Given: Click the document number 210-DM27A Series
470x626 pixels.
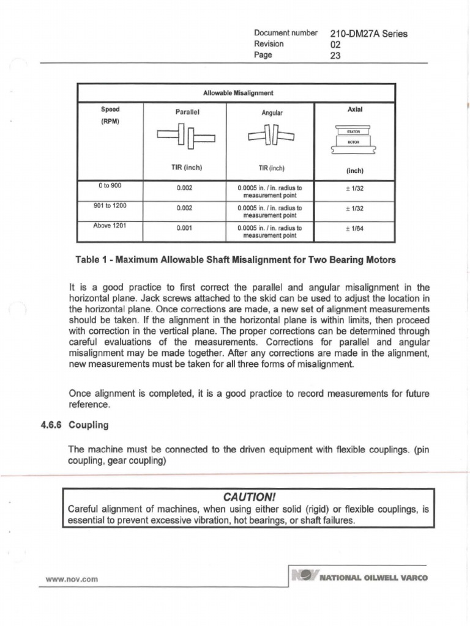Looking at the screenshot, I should click(368, 34).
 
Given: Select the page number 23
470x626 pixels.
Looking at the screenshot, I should click(335, 56).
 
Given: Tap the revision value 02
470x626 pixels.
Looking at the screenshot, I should click(334, 45).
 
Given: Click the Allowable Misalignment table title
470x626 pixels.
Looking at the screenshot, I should click(238, 93).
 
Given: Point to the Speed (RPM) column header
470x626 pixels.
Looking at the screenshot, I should click(110, 114).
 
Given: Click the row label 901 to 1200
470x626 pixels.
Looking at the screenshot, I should click(111, 205).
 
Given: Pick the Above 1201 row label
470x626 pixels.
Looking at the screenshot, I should click(110, 225).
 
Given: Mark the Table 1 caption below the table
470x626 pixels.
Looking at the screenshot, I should click(236, 260).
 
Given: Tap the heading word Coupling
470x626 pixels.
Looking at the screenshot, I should click(89, 424).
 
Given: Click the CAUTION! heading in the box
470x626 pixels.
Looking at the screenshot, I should click(248, 495).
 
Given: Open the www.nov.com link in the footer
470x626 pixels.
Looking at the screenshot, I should click(72, 578).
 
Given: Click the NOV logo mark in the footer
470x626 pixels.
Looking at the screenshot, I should click(305, 576).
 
